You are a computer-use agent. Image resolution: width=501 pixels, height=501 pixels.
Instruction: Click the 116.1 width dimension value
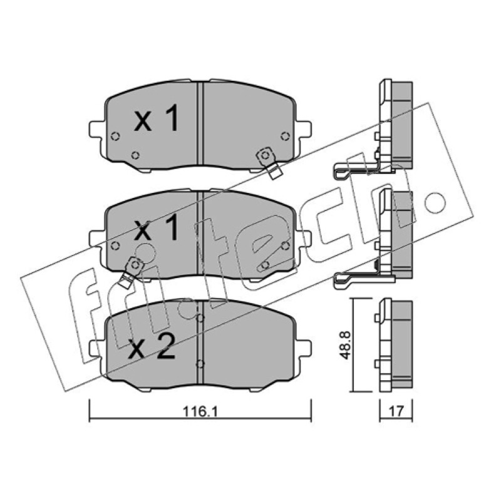pos(200,411)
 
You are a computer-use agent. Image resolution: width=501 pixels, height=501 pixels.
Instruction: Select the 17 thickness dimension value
pos(396,411)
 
